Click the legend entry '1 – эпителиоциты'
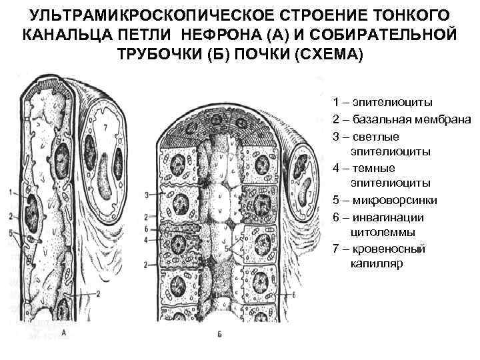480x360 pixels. point(383,103)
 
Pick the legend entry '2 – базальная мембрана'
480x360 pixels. point(402,119)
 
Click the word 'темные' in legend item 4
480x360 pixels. point(371,167)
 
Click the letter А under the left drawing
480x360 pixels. point(63,331)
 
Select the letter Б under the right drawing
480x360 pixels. point(219,333)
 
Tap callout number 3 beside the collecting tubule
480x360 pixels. point(146,195)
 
